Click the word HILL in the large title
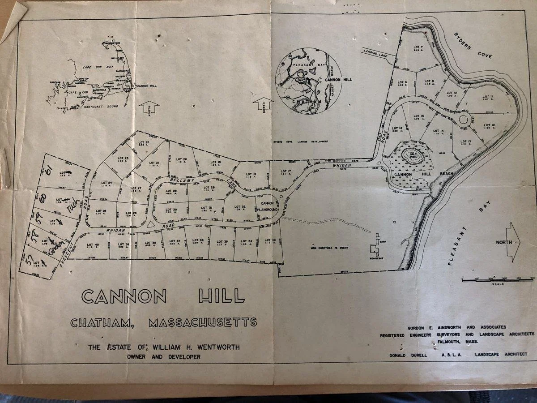pos(217,296)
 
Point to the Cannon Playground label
pos(267,206)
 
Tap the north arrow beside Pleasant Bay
pos(512,242)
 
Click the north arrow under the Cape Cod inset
pos(150,107)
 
